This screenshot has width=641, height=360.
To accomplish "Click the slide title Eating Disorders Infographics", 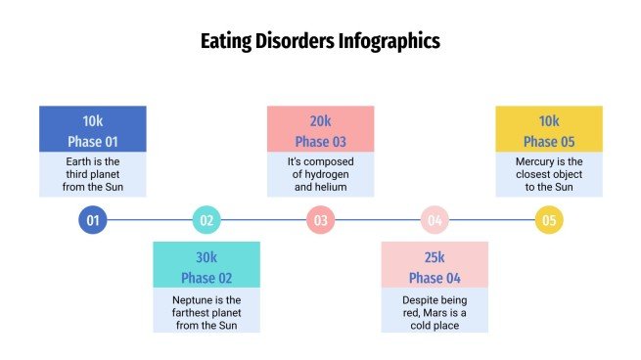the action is pyautogui.click(x=320, y=41).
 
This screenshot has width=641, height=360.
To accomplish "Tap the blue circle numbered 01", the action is pyautogui.click(x=93, y=220).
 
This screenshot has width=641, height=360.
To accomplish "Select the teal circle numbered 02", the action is pyautogui.click(x=206, y=220).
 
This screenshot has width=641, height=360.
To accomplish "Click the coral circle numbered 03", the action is pyautogui.click(x=321, y=220).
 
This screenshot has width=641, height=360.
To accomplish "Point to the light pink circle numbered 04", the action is pyautogui.click(x=435, y=220).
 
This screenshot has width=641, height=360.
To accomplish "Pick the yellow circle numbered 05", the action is pyautogui.click(x=549, y=220).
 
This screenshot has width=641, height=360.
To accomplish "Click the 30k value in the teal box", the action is pyautogui.click(x=206, y=257).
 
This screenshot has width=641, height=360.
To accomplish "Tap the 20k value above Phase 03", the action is pyautogui.click(x=321, y=121).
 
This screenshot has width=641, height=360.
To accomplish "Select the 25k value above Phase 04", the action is pyautogui.click(x=435, y=257).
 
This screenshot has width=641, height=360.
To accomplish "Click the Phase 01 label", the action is pyautogui.click(x=93, y=142).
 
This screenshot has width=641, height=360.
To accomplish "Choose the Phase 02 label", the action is pyautogui.click(x=206, y=278).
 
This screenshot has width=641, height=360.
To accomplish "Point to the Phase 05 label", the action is pyautogui.click(x=549, y=142).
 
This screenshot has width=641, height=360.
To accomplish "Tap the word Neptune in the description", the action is pyautogui.click(x=193, y=296).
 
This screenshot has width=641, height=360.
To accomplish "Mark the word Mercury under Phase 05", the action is pyautogui.click(x=536, y=160).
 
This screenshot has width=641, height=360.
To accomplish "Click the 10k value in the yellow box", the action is pyautogui.click(x=549, y=121).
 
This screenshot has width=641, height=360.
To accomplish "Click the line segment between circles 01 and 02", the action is pyautogui.click(x=150, y=220).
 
